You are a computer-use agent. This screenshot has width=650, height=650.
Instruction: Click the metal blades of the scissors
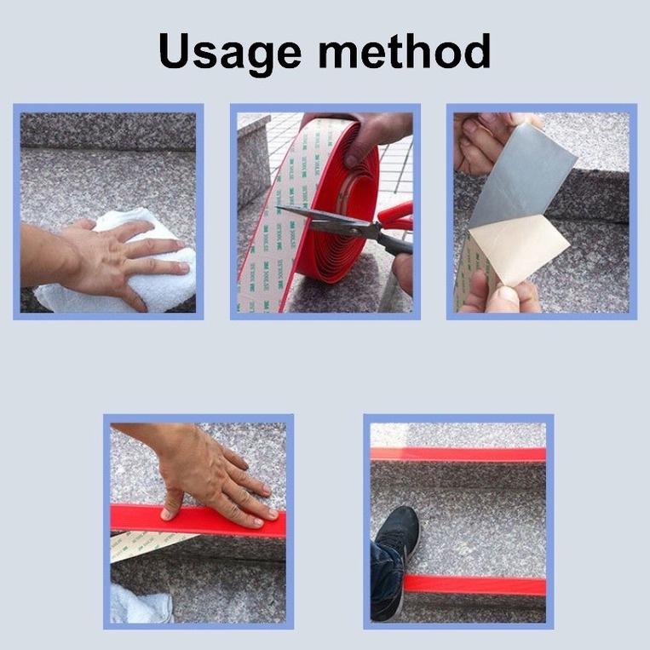328,222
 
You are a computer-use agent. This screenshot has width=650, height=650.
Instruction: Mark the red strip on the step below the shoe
477,585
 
